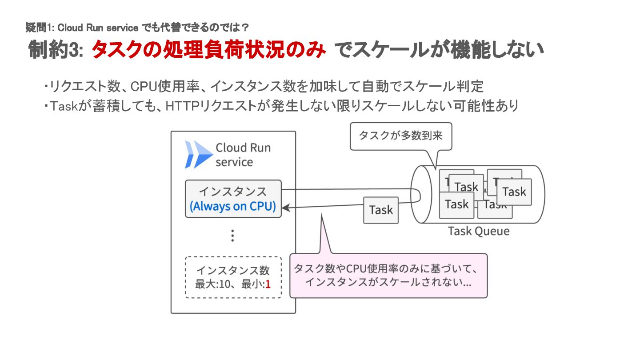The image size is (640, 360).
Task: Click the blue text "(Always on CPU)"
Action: (x=233, y=207)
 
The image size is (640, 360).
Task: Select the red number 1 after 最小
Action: (x=268, y=284)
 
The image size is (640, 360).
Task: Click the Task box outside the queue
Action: (x=381, y=210)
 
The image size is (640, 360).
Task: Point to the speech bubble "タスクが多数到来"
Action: (x=400, y=136)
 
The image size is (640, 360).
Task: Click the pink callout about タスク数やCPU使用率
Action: (x=388, y=276)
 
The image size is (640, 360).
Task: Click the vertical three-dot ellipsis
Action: (x=232, y=236)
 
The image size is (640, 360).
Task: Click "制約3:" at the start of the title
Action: (x=56, y=50)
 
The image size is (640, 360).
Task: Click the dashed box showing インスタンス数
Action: (x=233, y=277)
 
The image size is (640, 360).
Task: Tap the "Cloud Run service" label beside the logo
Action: (x=243, y=155)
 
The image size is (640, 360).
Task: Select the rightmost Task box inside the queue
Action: (x=514, y=192)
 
